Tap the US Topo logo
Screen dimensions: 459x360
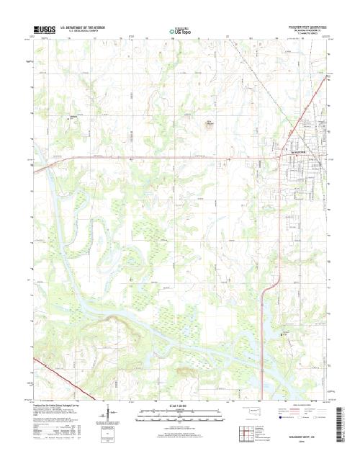180,32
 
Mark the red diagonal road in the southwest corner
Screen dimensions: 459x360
68,380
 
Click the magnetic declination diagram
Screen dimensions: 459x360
108,416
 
